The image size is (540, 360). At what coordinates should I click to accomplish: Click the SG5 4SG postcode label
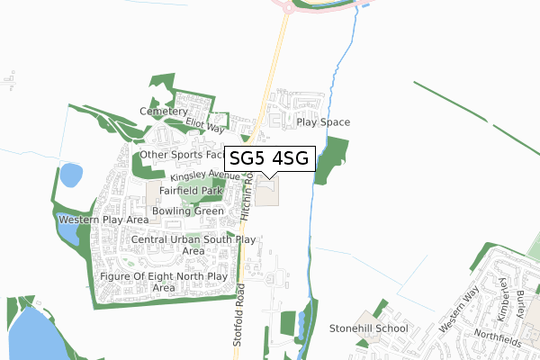[x=268, y=158]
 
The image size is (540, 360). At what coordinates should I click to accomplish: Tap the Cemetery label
[x=163, y=112]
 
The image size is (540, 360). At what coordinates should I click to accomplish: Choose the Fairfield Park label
[x=191, y=192]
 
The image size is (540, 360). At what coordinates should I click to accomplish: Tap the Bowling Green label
[x=187, y=211]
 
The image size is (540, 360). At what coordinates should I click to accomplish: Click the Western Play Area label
[x=103, y=220]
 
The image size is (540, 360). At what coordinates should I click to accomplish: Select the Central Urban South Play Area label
[x=193, y=246]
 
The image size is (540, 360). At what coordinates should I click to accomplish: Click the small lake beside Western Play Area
[x=67, y=236]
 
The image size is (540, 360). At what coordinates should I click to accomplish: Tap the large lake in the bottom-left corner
[x=31, y=333]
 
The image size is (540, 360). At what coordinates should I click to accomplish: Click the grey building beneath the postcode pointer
[x=268, y=190]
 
